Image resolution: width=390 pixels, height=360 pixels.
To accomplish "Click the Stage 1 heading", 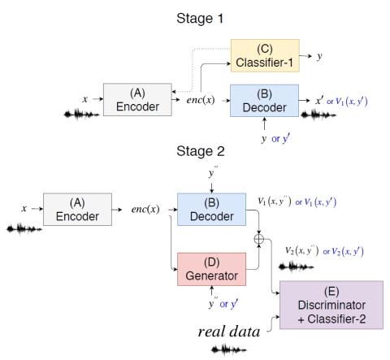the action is tap(200, 19).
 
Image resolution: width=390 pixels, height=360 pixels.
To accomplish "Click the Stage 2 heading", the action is tap(201, 151).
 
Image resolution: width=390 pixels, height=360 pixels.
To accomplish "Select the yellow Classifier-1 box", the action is tap(265, 55).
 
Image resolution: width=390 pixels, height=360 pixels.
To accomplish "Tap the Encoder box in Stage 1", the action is tap(137, 100).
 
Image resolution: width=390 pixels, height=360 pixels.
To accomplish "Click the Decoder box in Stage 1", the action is tap(264, 101).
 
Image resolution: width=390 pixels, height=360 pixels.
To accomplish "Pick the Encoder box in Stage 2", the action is tap(77, 210).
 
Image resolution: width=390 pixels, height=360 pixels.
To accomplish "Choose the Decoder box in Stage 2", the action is tap(211, 210).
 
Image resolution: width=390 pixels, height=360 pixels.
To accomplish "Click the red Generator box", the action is tap(211, 269).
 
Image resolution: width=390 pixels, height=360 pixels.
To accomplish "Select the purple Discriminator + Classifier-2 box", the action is tap(331, 305).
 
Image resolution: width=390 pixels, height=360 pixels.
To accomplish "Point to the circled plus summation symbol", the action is tap(259, 239).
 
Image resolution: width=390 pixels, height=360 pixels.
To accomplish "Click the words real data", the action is tap(229, 332).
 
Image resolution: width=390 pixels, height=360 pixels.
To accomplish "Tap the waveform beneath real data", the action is tap(229, 349).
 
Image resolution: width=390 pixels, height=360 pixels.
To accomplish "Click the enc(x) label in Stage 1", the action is tap(201, 100).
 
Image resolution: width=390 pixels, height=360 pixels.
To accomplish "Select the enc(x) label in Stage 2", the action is tap(145, 209).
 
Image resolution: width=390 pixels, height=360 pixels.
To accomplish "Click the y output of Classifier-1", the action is tap(319, 57).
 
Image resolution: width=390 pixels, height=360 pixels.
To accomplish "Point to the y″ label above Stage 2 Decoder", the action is tap(213, 172).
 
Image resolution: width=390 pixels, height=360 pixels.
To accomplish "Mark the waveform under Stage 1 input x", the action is tap(81, 115).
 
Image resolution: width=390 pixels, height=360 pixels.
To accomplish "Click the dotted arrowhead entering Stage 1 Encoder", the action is tap(174, 92).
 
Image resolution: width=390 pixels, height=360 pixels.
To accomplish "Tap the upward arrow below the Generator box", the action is tap(211, 291).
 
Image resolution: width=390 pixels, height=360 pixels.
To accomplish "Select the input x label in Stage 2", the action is tap(24, 209).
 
